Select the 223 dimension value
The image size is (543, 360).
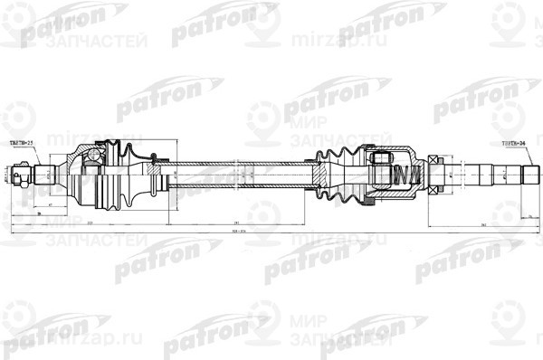pos(91,223)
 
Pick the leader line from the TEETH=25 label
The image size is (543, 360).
pos(34,153)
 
